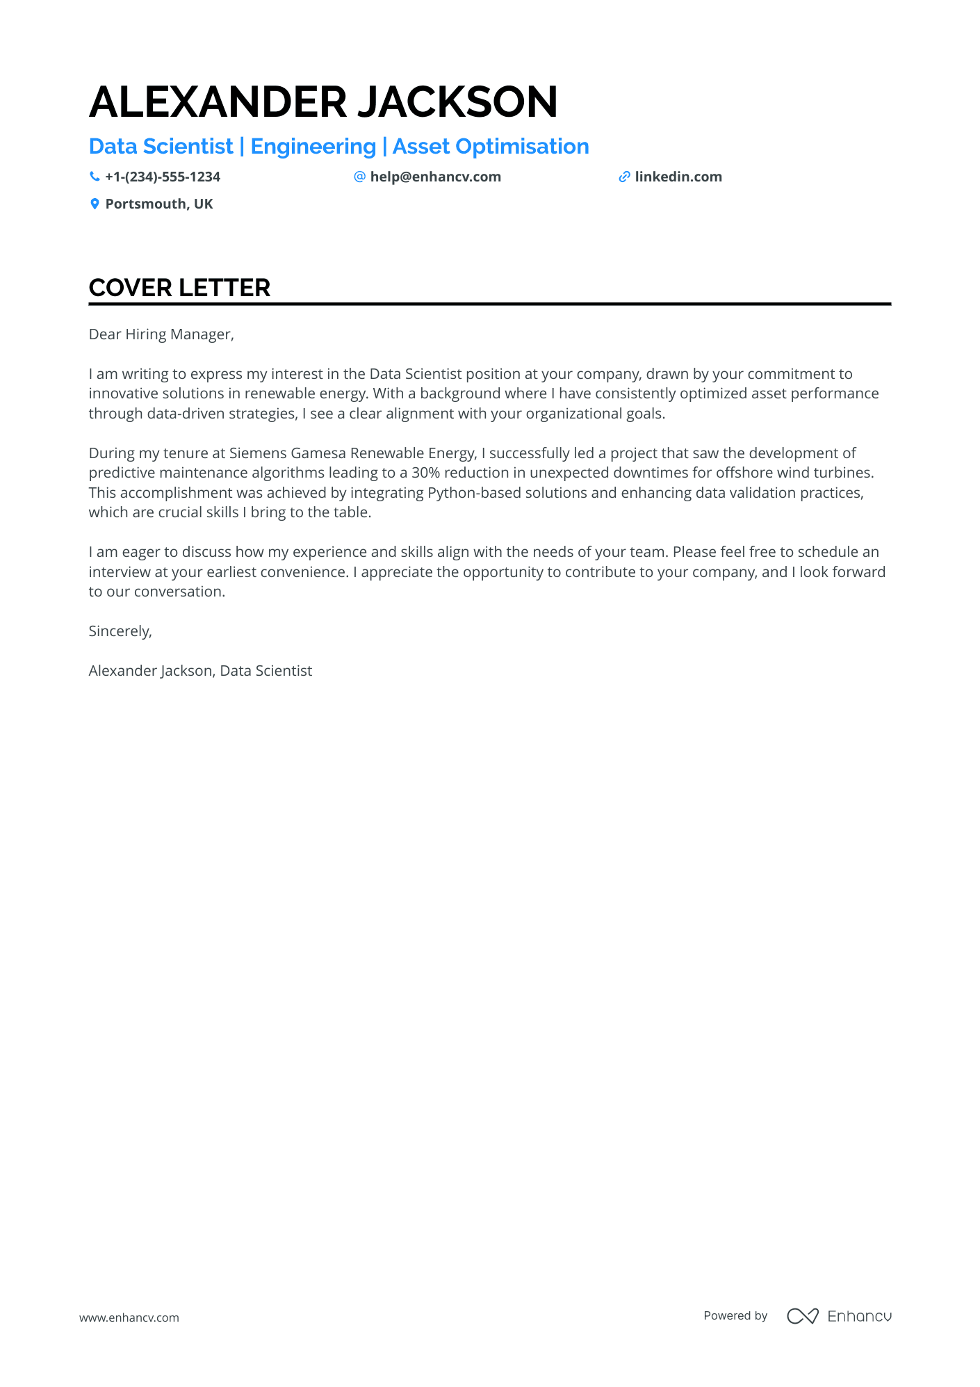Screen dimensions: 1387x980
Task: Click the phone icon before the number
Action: click(x=95, y=177)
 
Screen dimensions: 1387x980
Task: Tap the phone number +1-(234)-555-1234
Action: click(x=163, y=177)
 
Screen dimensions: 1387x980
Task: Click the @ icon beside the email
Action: click(x=359, y=177)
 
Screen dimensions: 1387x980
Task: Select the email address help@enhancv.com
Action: click(x=435, y=177)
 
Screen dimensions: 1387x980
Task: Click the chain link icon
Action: click(x=624, y=177)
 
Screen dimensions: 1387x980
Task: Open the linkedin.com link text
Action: click(x=678, y=177)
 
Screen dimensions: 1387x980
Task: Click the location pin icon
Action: click(x=95, y=204)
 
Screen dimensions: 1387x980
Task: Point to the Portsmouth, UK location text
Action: click(x=159, y=204)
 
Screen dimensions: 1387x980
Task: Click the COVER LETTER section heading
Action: click(x=179, y=288)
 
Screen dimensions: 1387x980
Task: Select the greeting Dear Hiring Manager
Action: click(x=161, y=334)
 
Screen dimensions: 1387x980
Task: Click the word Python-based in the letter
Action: click(x=474, y=493)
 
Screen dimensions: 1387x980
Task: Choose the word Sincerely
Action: click(x=120, y=631)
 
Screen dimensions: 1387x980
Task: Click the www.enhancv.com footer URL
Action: click(x=129, y=1317)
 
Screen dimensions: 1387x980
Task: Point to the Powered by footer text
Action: click(x=735, y=1315)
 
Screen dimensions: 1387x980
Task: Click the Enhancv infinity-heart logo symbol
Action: click(x=802, y=1315)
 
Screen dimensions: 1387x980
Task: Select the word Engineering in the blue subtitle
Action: click(x=313, y=147)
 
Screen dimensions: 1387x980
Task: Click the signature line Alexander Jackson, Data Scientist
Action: click(x=200, y=671)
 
